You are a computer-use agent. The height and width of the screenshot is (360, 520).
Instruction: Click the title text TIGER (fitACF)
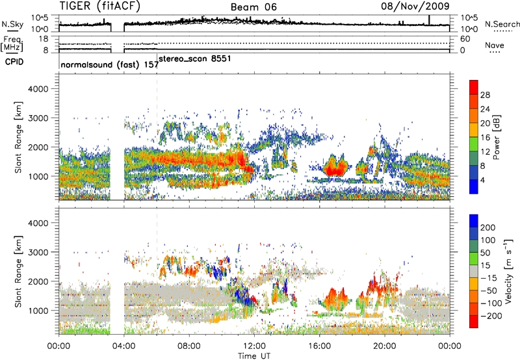click(100, 7)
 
